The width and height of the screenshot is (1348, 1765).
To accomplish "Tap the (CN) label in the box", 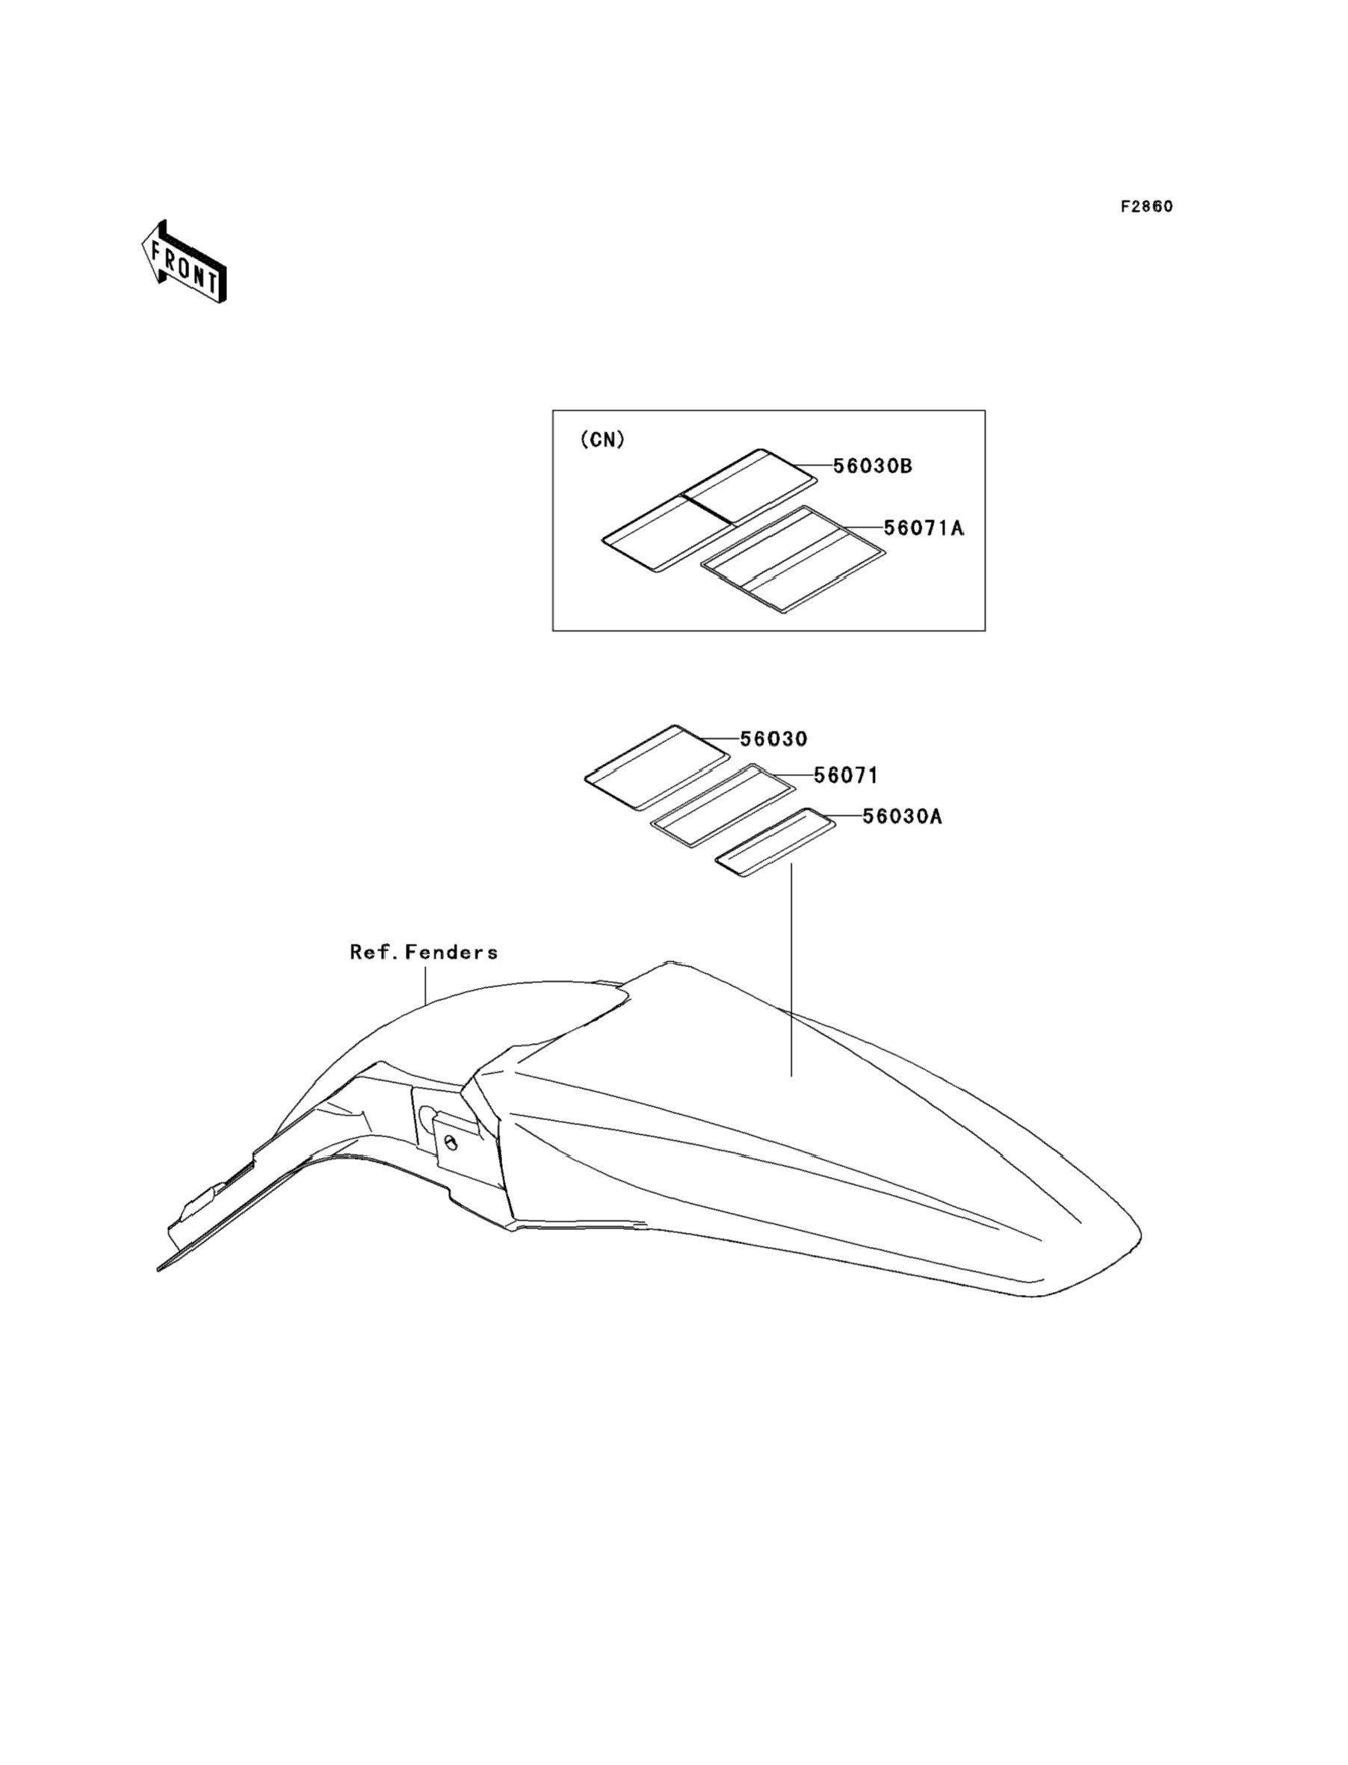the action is [602, 439].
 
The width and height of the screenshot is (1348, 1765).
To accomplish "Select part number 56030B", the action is [872, 466].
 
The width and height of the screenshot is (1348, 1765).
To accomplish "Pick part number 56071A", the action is [924, 529].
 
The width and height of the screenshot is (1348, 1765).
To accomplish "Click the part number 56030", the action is [773, 739].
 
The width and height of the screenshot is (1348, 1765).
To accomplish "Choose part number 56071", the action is [846, 776].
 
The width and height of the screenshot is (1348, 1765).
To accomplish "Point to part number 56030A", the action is [902, 817].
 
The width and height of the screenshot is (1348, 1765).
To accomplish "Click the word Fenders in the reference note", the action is [452, 952].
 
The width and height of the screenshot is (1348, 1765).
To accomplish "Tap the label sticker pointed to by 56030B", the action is [710, 510].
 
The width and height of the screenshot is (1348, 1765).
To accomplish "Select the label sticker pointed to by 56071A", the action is [793, 558].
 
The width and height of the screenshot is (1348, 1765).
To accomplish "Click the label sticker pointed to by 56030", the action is [656, 765].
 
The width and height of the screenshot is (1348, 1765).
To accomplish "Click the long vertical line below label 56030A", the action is [791, 971].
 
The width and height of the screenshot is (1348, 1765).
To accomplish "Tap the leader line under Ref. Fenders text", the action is [425, 983].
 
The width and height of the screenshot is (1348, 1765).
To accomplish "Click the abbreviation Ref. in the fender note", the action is [373, 952].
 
